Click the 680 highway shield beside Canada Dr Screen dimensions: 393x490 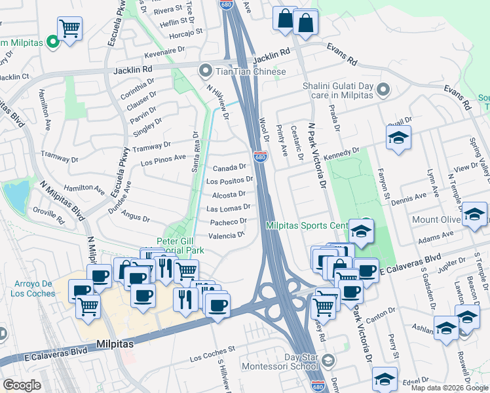[260, 158]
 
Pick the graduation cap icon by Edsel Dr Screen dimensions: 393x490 [385, 378]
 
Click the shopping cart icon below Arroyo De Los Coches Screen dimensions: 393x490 [87, 306]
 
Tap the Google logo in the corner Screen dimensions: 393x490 [22, 385]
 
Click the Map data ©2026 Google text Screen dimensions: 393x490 [449, 388]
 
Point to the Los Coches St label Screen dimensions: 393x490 [212, 358]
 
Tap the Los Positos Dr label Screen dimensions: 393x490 [230, 180]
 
